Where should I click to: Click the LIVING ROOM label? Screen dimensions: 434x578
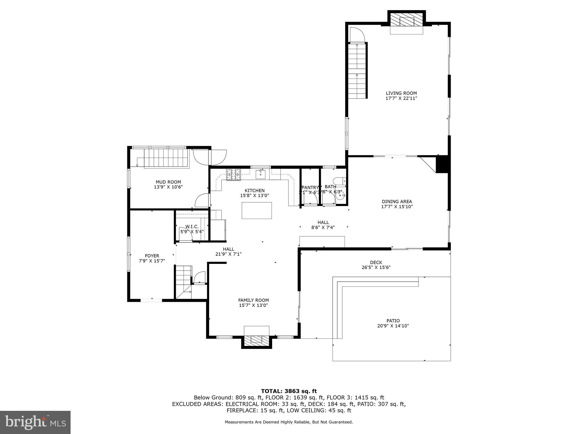coord(401,93)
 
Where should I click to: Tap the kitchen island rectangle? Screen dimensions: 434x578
coord(257,211)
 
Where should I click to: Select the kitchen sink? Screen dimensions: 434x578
coord(260,174)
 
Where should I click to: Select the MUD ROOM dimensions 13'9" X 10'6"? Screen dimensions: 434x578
coord(168,187)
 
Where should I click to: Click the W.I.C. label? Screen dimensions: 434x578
coord(192,227)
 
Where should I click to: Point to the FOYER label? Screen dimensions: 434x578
coord(152,256)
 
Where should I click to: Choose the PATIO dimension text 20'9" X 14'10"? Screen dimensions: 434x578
coord(393,326)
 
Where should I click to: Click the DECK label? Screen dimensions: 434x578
coord(376,262)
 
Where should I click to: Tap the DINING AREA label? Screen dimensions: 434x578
coord(397,201)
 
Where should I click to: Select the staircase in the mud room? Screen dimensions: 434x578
coord(166,158)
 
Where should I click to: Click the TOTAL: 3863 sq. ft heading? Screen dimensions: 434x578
coord(289,391)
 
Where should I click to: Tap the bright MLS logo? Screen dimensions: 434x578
coord(35,422)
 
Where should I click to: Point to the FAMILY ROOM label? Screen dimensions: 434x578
coord(253,300)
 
